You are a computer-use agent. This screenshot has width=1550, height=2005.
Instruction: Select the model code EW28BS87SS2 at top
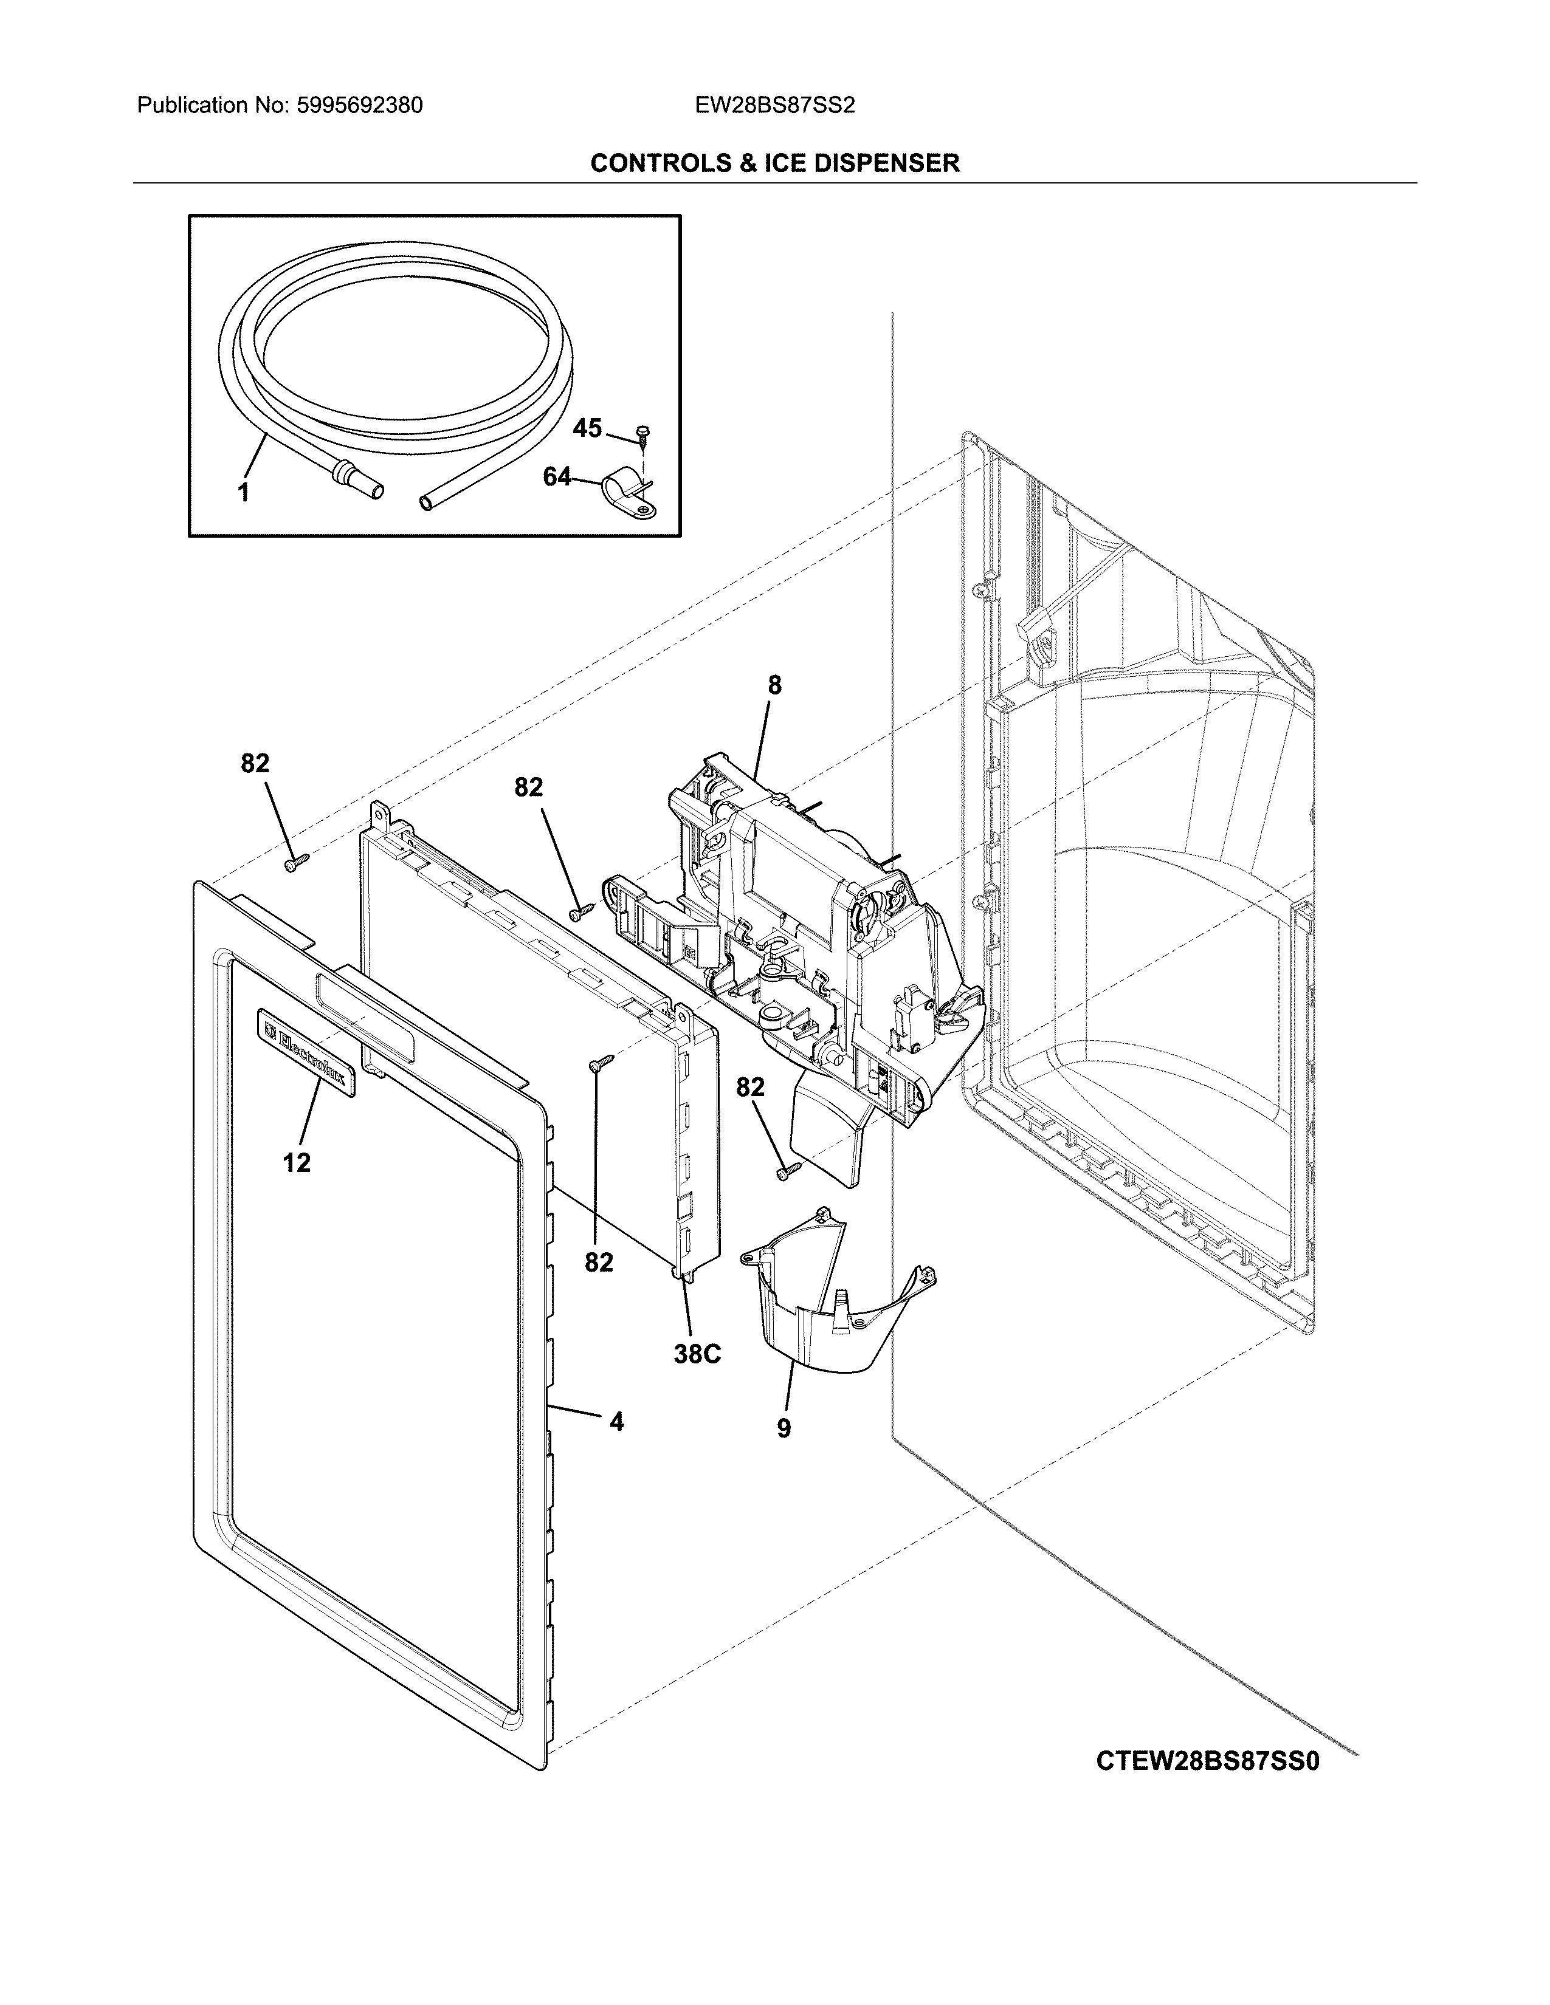[x=774, y=106]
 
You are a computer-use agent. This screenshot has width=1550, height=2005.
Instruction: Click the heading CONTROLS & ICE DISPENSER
[x=774, y=163]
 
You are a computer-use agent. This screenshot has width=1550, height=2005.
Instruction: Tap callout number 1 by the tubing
[x=243, y=493]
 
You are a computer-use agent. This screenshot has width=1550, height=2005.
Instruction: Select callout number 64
[x=556, y=478]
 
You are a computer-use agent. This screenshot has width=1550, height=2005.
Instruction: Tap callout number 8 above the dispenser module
[x=774, y=685]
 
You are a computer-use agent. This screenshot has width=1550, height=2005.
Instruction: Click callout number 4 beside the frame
[x=616, y=1422]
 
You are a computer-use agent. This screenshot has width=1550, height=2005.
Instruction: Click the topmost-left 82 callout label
[x=255, y=763]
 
